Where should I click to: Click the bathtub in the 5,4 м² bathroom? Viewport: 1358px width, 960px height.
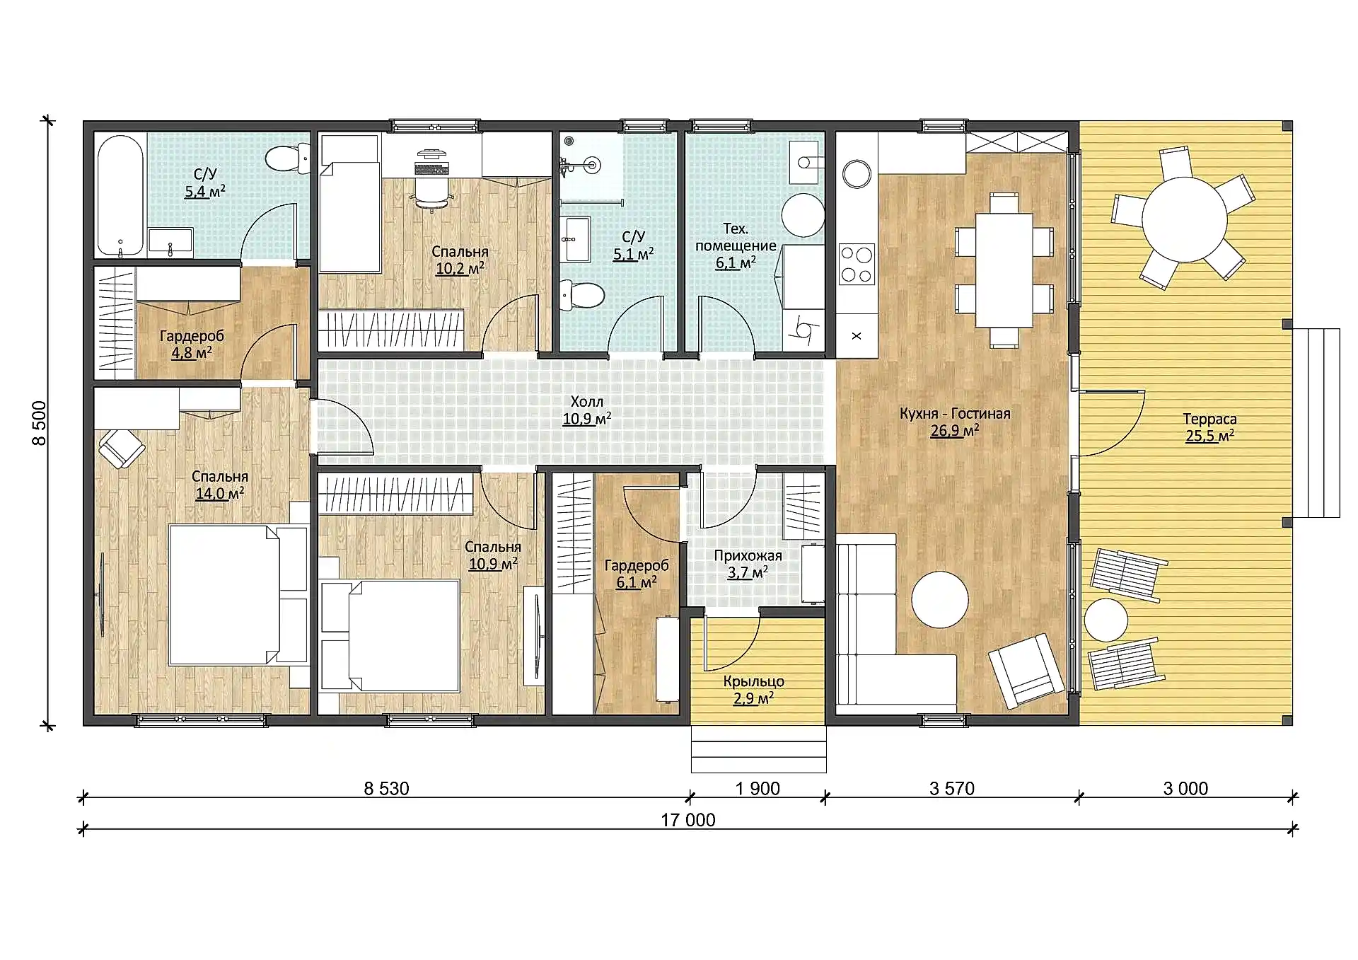(121, 195)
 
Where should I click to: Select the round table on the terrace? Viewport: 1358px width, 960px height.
(1184, 219)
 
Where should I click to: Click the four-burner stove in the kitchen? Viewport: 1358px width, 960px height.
(857, 264)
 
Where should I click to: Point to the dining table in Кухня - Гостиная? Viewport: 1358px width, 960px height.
(1004, 270)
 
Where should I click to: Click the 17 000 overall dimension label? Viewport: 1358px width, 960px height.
(687, 820)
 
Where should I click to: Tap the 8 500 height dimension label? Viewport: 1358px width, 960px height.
(40, 423)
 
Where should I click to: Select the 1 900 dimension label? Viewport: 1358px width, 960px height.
(757, 789)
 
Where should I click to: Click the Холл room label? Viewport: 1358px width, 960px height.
(586, 402)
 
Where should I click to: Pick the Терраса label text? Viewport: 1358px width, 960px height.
(1209, 420)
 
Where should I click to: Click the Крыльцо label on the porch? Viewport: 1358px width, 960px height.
(753, 681)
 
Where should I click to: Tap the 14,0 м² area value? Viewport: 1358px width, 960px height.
(220, 493)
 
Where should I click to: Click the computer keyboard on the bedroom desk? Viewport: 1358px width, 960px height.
(431, 169)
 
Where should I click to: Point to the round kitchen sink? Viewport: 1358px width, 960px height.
(857, 173)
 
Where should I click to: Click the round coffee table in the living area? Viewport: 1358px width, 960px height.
(939, 599)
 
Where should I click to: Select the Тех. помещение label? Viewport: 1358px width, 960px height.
(736, 237)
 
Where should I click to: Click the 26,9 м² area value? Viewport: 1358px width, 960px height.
(955, 431)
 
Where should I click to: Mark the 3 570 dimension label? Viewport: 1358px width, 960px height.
(951, 789)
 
